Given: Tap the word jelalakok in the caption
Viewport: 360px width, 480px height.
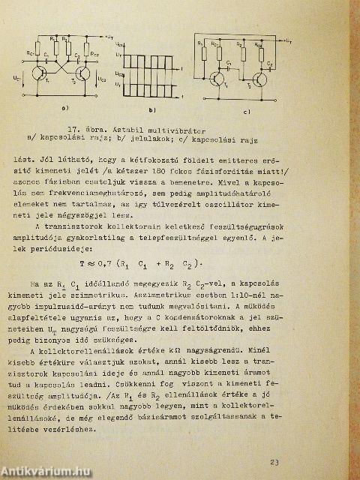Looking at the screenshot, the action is point(142,137).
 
